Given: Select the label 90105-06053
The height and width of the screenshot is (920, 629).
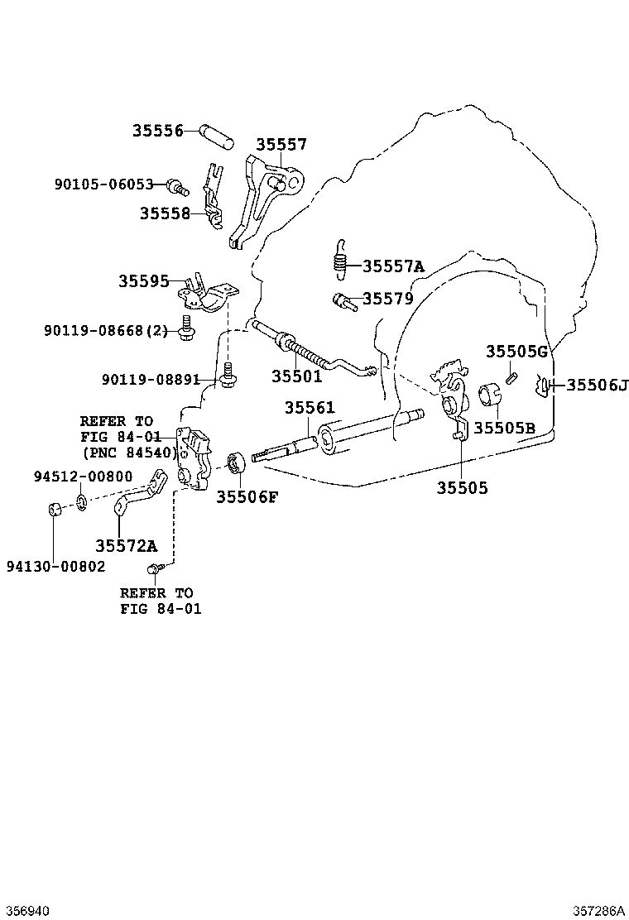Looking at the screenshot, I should pyautogui.click(x=104, y=184).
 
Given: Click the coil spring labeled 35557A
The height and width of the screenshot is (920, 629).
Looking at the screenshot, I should pyautogui.click(x=339, y=259).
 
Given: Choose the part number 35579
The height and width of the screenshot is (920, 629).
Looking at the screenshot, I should pyautogui.click(x=387, y=298).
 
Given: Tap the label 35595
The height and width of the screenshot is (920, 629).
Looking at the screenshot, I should pyautogui.click(x=143, y=280).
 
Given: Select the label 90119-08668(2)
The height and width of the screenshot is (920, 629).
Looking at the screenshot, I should pyautogui.click(x=106, y=331).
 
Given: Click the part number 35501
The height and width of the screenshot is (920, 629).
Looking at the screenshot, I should pyautogui.click(x=296, y=376).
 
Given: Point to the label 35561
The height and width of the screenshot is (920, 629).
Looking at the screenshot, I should pyautogui.click(x=310, y=408).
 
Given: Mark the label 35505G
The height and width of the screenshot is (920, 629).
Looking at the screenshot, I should pyautogui.click(x=516, y=352).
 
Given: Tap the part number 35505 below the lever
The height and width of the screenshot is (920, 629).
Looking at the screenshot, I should pyautogui.click(x=462, y=488).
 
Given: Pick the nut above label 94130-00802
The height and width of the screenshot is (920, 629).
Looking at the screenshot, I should pyautogui.click(x=53, y=508).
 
